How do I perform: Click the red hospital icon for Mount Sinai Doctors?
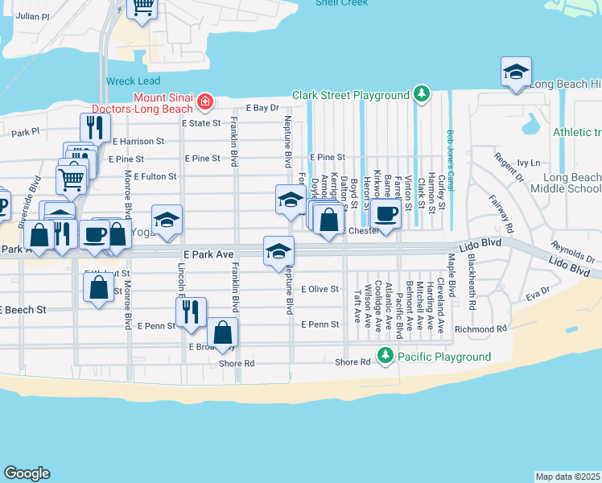205,101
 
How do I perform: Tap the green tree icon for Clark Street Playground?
420,95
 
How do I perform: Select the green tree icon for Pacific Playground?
386,356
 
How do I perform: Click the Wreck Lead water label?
133,81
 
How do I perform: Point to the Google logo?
27,473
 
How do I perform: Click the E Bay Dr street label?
262,107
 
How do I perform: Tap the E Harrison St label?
138,141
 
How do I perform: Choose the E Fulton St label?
155,175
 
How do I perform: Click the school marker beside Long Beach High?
516,72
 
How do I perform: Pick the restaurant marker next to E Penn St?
191,311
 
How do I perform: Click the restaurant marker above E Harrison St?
95,127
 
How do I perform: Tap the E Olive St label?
320,289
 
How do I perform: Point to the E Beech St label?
23,309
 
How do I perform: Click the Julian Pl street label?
32,15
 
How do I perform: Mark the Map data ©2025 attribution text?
567,477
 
